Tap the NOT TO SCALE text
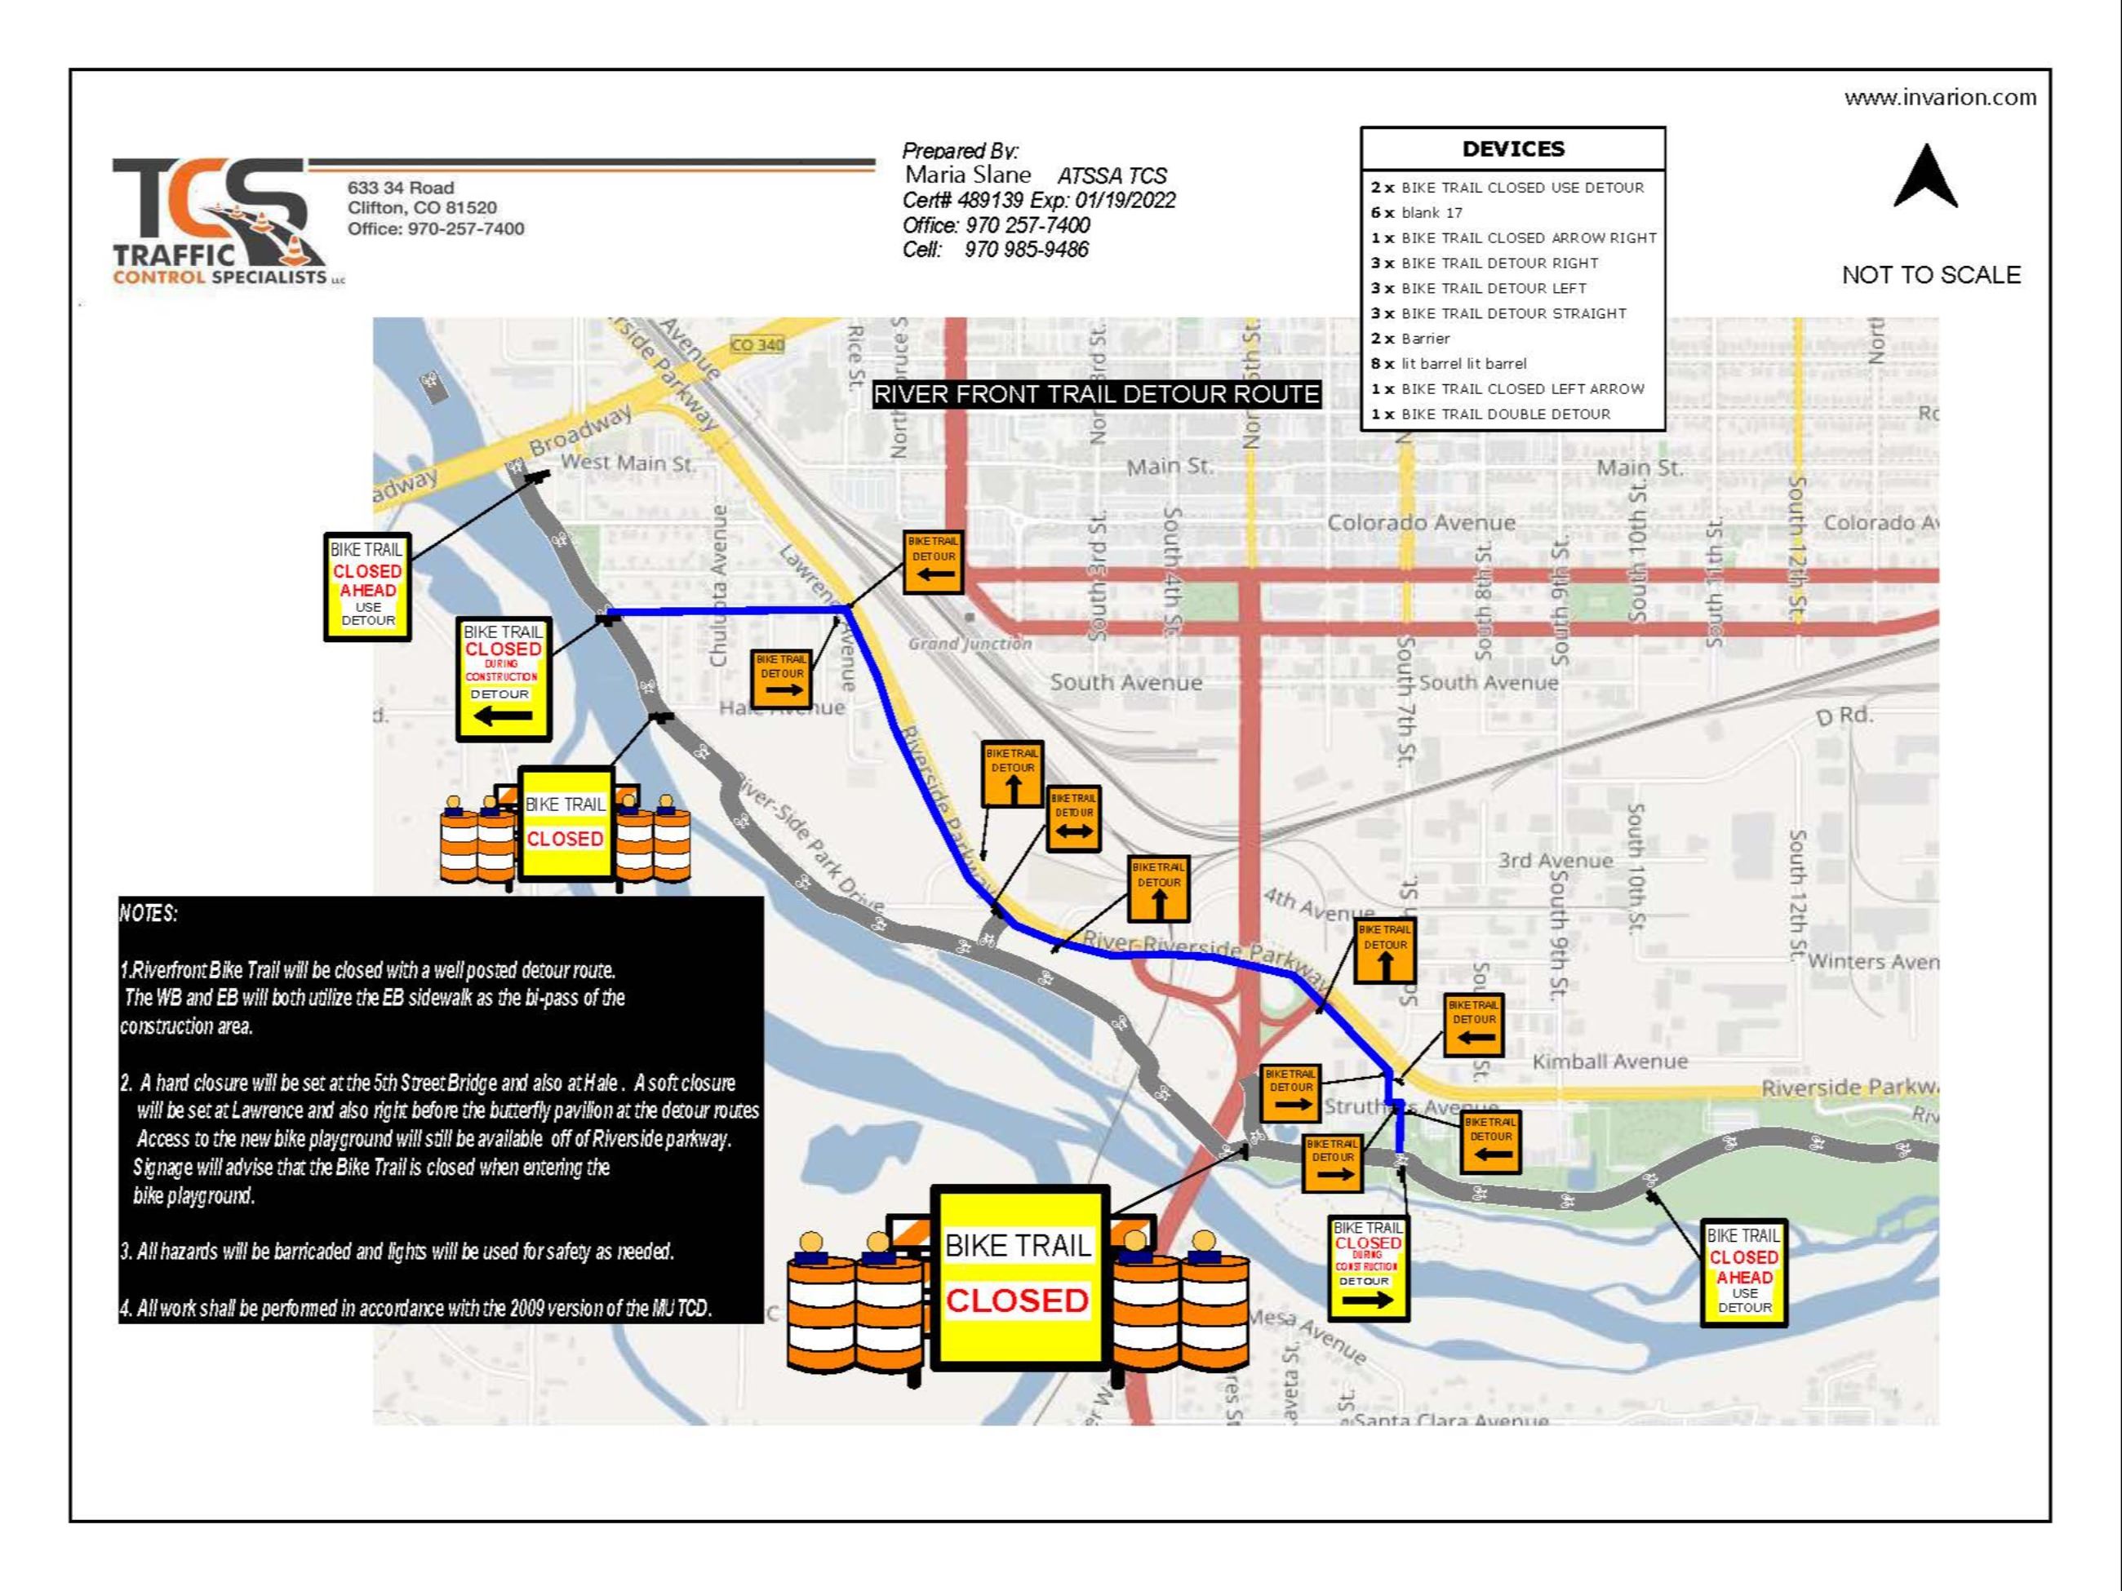click(x=1930, y=275)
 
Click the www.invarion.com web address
click(x=1940, y=98)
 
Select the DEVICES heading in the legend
click(x=1513, y=149)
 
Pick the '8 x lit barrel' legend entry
click(x=1449, y=363)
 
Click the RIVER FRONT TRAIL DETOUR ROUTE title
click(x=1096, y=394)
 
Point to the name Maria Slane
click(x=967, y=175)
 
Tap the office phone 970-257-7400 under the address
click(x=436, y=229)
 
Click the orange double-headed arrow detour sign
click(x=1073, y=820)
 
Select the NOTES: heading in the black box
click(x=149, y=913)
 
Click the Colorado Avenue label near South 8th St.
click(x=1421, y=524)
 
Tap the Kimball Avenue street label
click(x=1609, y=1061)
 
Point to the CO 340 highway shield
click(x=757, y=344)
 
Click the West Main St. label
click(x=628, y=463)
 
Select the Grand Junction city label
click(x=970, y=644)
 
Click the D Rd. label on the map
click(x=1844, y=716)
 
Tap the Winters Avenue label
click(x=1871, y=962)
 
